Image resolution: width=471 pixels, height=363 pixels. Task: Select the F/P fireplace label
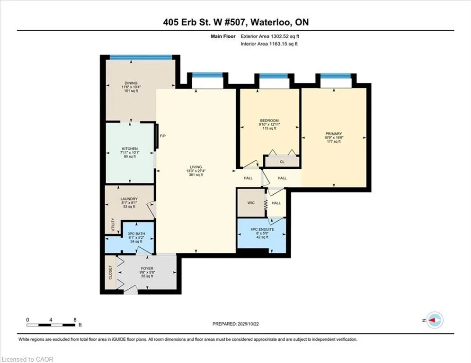coord(162,136)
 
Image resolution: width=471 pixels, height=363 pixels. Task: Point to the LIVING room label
coord(196,167)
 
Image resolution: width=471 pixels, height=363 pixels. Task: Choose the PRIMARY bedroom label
coord(333,134)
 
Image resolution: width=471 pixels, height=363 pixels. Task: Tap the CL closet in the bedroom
coord(282,162)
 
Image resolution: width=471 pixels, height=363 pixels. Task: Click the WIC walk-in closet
coord(251,203)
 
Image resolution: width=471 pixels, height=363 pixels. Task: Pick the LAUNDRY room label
coord(129,199)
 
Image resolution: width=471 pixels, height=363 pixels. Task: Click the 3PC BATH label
coord(136,234)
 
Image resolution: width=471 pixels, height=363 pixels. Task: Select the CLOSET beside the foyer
coord(111,273)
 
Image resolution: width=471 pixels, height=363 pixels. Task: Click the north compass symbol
coord(434,320)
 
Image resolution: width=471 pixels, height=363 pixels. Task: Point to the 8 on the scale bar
coord(75,320)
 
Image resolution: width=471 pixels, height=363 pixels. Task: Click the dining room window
coord(141,58)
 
